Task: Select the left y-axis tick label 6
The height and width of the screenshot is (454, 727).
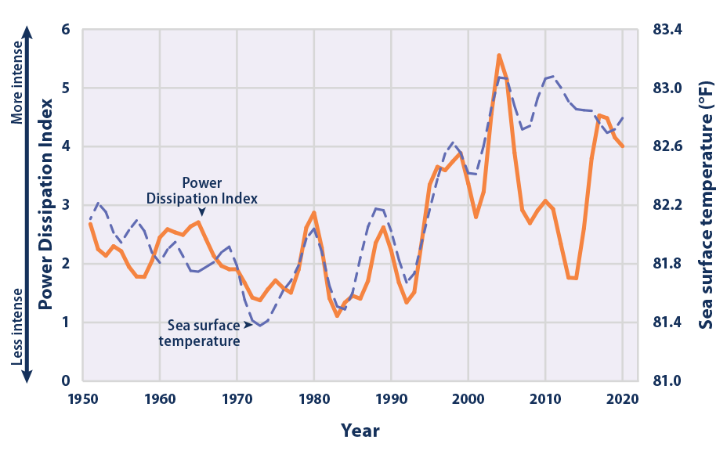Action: [66, 30]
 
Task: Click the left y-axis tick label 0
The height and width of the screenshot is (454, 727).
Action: [66, 381]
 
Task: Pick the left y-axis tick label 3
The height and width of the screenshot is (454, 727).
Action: [66, 205]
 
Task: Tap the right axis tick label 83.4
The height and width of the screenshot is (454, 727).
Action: [667, 30]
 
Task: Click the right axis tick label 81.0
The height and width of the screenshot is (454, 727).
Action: [667, 381]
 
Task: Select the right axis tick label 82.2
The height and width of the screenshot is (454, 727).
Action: [667, 205]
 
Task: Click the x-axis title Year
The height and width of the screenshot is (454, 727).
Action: [360, 431]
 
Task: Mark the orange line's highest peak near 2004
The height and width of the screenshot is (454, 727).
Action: [499, 55]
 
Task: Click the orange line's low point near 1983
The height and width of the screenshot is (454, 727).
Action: [337, 316]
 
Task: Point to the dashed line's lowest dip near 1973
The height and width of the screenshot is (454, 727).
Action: [259, 325]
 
